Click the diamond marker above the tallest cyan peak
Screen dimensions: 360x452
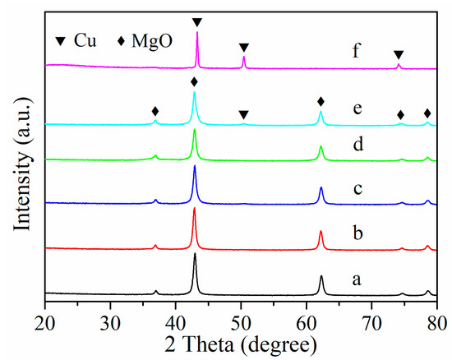[194, 81]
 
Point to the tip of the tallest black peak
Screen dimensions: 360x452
[195, 254]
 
